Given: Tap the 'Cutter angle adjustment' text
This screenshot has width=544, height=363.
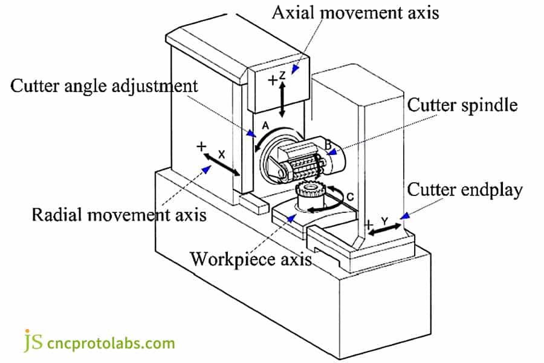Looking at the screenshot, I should coord(104,85).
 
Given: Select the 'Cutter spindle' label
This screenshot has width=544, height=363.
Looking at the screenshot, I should coord(462,105).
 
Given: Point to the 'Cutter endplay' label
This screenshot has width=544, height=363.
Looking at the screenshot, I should coord(465,190).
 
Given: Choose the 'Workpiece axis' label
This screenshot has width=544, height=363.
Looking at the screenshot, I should coord(251,259).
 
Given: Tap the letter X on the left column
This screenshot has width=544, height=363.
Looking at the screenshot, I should coord(221,154).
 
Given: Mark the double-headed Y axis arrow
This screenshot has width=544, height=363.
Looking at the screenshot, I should coord(385,230).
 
